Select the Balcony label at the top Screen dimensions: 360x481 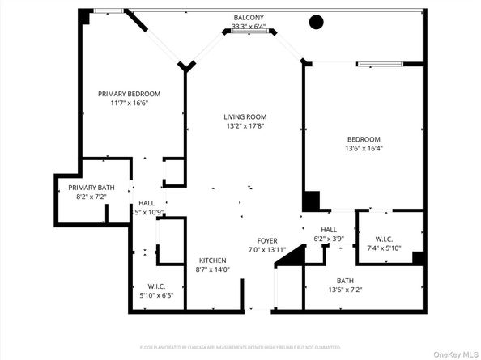pos(249,16)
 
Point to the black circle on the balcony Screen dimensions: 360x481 pos(314,22)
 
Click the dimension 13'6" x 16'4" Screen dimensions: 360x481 pos(364,148)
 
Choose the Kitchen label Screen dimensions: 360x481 pos(212,260)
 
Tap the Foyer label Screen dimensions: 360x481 pos(267,241)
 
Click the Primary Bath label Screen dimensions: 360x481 pos(90,188)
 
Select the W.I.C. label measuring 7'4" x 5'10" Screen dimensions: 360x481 pos(384,239)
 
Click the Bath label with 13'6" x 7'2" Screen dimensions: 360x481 pos(345,281)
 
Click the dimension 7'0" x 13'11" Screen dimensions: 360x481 pos(267,251)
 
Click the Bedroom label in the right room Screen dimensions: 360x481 pos(364,138)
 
